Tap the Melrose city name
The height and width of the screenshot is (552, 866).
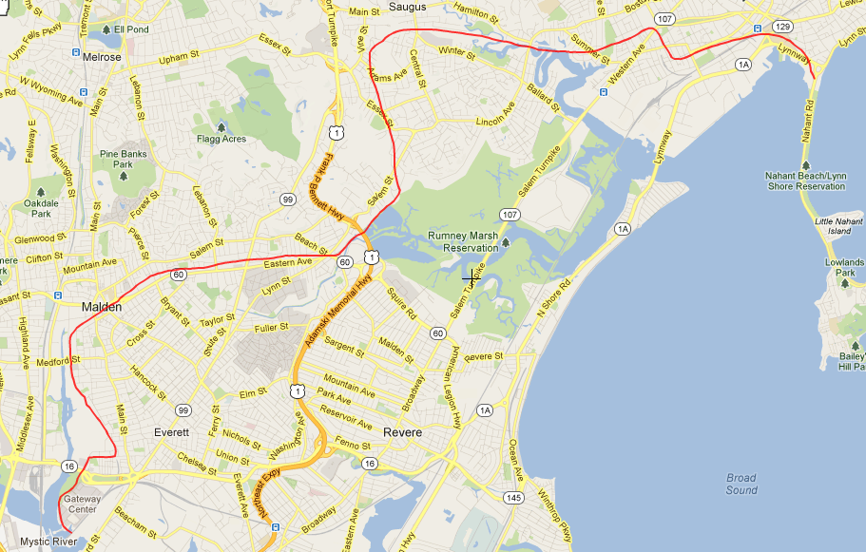(102, 57)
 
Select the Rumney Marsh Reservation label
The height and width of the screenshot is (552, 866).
(463, 241)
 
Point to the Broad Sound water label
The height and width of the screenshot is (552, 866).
(741, 484)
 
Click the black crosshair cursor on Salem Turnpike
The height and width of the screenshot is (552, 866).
(471, 277)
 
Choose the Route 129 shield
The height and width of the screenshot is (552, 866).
(782, 26)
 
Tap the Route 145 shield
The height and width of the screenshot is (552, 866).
(514, 498)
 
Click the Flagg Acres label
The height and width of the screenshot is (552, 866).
(221, 139)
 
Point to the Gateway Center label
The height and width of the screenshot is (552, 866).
(81, 503)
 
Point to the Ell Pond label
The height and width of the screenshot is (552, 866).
(132, 29)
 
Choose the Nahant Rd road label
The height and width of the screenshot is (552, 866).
(809, 123)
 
